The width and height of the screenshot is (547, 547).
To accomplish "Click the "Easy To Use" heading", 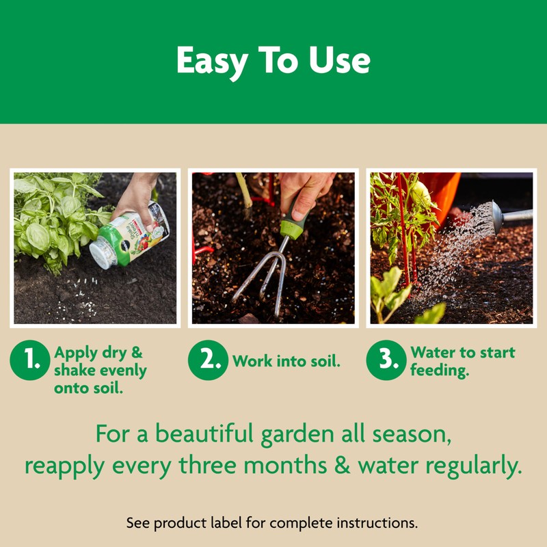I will coord(273,62).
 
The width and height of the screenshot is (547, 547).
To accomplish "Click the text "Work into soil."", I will coord(286,361).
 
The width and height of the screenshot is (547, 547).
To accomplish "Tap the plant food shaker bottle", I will coord(130,236).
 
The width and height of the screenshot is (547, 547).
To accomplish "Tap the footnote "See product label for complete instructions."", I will coord(272,523).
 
